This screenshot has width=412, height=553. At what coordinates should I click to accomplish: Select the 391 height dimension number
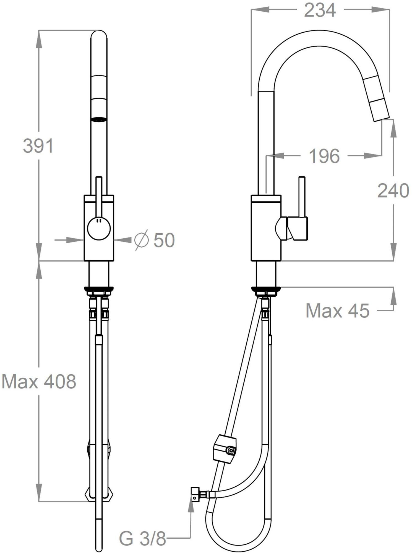point(38,146)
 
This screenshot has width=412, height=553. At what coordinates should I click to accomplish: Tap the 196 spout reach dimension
point(324,156)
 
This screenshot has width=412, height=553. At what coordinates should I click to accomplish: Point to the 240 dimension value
point(393,191)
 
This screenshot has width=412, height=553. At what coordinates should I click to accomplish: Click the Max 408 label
point(39,382)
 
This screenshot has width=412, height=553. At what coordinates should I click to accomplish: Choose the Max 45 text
point(337,311)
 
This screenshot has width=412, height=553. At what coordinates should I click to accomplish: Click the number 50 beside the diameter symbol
point(164,240)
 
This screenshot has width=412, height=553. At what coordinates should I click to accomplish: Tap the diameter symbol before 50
point(141,240)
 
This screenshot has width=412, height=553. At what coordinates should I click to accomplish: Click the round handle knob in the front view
point(99,228)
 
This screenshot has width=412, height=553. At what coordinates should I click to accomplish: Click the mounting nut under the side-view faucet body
point(266,291)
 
